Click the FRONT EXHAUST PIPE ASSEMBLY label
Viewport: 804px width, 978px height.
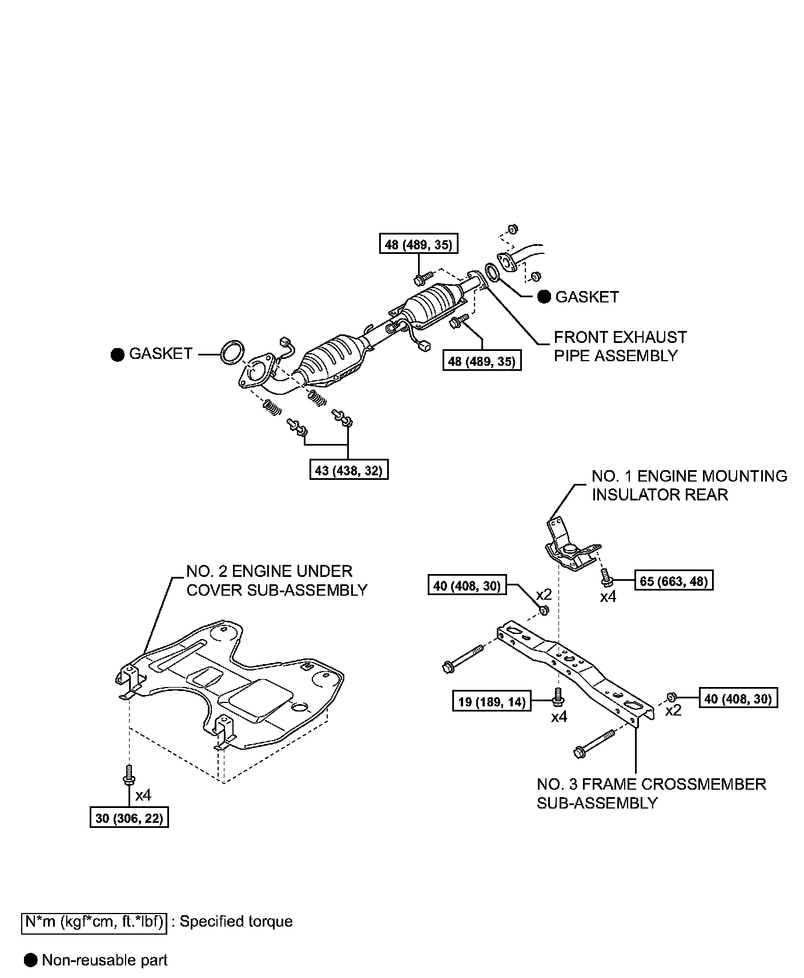pos(620,346)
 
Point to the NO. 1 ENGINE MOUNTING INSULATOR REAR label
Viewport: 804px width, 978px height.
pos(689,485)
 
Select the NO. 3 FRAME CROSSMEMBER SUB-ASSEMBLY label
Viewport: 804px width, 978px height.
pos(651,793)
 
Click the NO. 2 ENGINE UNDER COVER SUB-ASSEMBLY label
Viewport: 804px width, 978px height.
pos(277,580)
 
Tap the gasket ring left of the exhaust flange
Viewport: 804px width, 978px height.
pos(231,352)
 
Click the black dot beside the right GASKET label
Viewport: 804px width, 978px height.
pos(545,297)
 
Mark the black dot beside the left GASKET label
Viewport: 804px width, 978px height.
pos(118,354)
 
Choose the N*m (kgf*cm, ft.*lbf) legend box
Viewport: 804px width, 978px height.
pos(94,922)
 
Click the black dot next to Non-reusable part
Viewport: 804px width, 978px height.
pos(31,960)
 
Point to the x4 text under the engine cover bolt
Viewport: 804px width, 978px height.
pos(143,794)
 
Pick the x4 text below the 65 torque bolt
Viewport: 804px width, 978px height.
pos(608,597)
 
